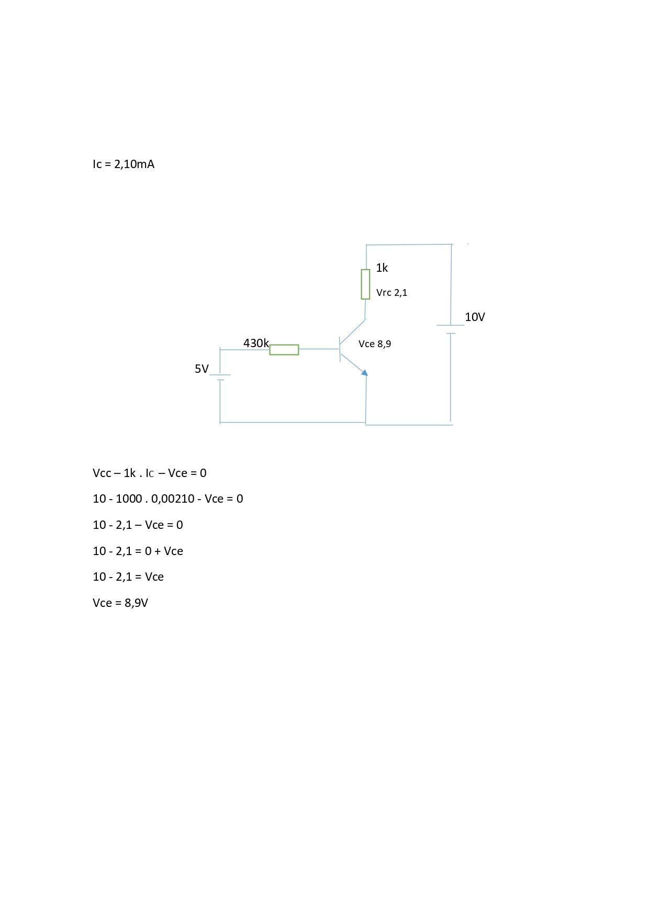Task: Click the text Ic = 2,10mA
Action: [x=124, y=164]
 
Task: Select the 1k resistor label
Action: [x=382, y=268]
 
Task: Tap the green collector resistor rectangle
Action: [x=365, y=284]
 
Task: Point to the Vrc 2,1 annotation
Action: [x=391, y=293]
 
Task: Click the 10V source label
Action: [x=475, y=317]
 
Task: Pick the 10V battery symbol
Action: [x=451, y=329]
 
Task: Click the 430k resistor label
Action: [x=256, y=343]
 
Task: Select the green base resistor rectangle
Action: [x=284, y=350]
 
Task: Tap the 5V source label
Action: [x=202, y=369]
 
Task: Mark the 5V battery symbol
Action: [x=220, y=378]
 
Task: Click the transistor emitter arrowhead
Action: [x=364, y=372]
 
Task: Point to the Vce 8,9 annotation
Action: [x=375, y=344]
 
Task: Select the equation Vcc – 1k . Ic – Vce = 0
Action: [x=150, y=473]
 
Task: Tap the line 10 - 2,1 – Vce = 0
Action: [x=138, y=525]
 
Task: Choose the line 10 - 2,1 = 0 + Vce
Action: [x=138, y=551]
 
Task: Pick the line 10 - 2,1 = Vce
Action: [x=128, y=577]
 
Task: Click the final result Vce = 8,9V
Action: [x=120, y=603]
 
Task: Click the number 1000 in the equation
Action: [x=129, y=499]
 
